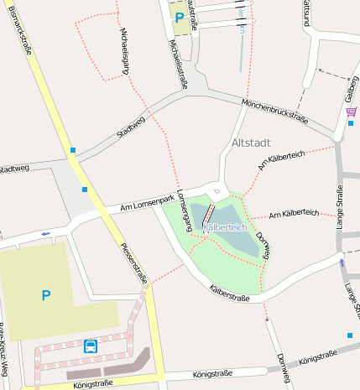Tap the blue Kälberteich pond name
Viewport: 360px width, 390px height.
[224, 227]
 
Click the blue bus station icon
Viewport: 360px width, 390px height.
[90, 346]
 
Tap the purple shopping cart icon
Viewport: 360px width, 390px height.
[351, 112]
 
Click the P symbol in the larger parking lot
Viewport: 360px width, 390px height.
[45, 294]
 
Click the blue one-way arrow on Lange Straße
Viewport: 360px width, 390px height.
[342, 262]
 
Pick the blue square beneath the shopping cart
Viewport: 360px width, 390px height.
[348, 126]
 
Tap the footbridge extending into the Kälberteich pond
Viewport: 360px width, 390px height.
[207, 214]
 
